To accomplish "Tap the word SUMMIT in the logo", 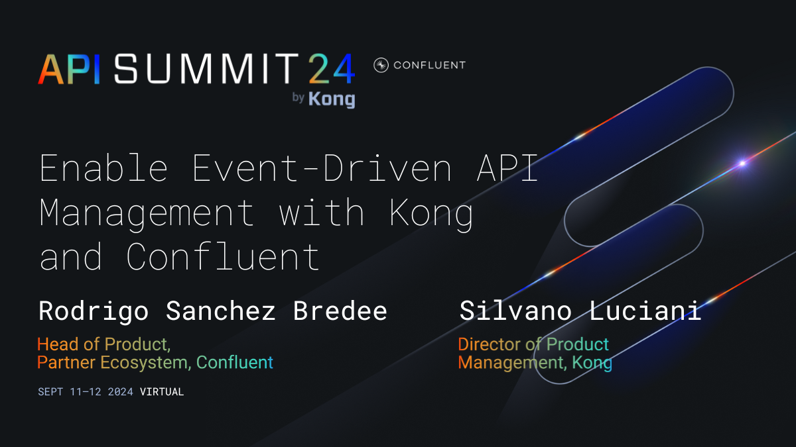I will pyautogui.click(x=202, y=68).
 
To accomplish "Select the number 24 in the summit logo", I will pyautogui.click(x=330, y=68).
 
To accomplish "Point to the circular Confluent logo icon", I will pyautogui.click(x=381, y=65).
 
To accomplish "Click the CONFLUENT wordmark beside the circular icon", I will pyautogui.click(x=429, y=65).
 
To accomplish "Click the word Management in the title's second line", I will pyautogui.click(x=147, y=213).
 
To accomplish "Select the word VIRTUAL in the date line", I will pyautogui.click(x=162, y=392).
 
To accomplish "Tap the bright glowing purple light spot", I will pyautogui.click(x=742, y=163).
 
